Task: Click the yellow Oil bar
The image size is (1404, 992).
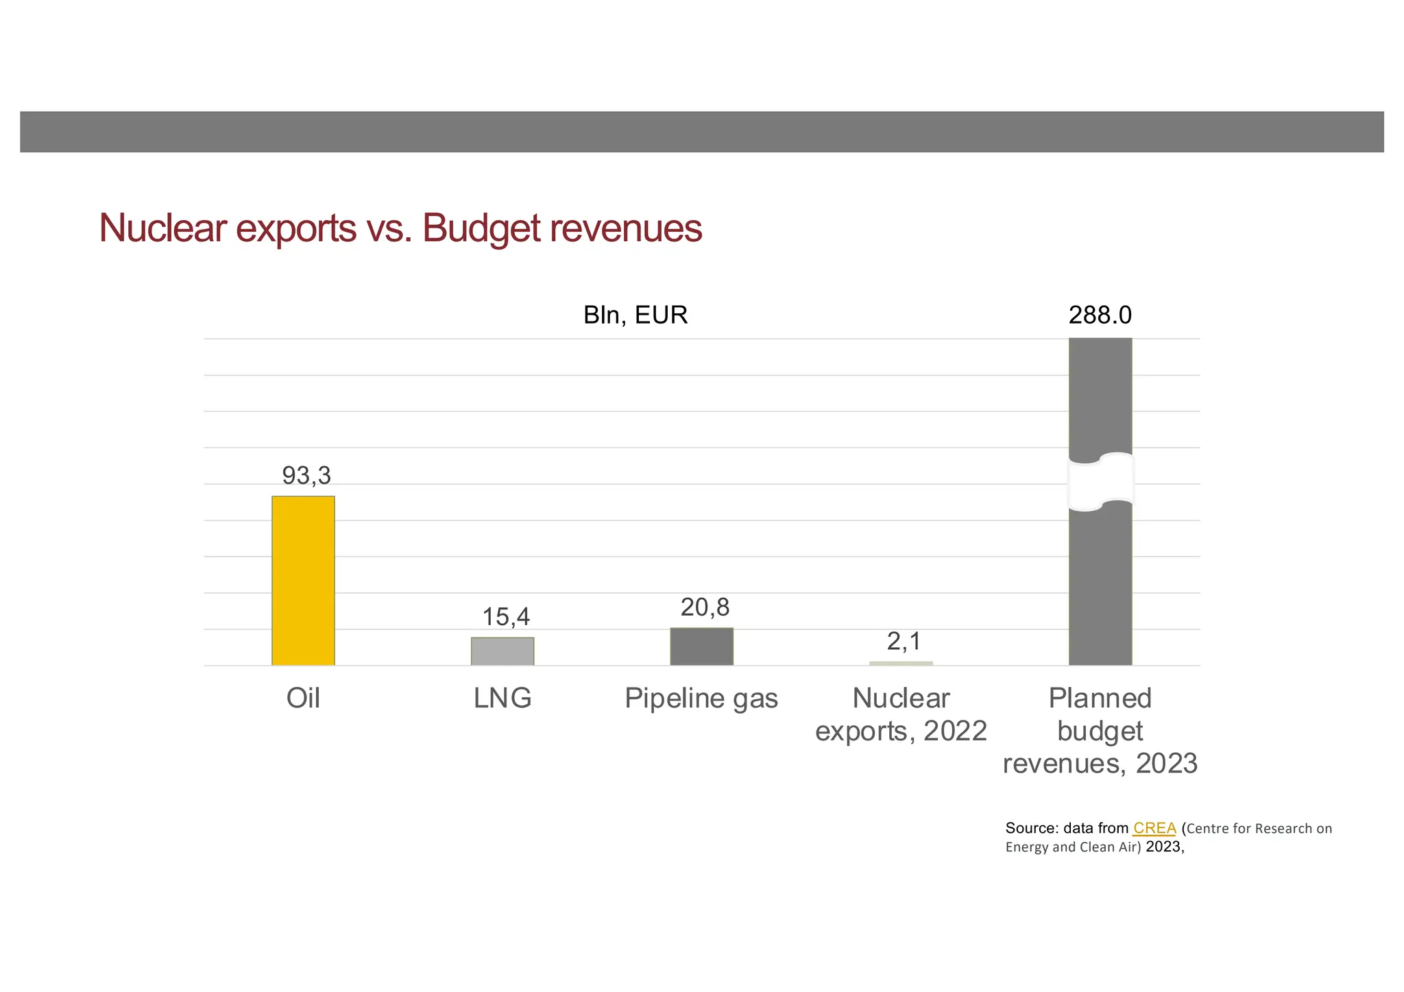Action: click(x=303, y=580)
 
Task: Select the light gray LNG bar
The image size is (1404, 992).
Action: click(x=503, y=651)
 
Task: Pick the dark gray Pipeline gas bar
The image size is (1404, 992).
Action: click(x=701, y=646)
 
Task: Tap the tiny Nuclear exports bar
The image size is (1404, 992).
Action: click(x=901, y=663)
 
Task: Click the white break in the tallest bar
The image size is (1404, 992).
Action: click(x=1100, y=482)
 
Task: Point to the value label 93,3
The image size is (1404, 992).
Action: click(x=306, y=475)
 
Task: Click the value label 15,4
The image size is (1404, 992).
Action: click(x=506, y=617)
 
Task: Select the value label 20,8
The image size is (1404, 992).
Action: click(x=705, y=607)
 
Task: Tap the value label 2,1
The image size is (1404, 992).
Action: click(x=904, y=642)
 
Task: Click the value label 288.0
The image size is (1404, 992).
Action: click(x=1100, y=315)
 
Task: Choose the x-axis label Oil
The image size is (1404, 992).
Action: click(x=303, y=699)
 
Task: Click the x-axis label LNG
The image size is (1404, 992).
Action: click(x=503, y=699)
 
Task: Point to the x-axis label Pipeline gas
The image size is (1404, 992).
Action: click(x=701, y=699)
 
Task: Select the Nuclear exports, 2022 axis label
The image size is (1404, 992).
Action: click(x=901, y=715)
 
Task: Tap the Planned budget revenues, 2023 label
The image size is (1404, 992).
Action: click(x=1100, y=731)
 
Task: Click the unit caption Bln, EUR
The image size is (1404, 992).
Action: click(x=636, y=315)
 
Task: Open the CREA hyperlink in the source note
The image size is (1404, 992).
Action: click(x=1154, y=828)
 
